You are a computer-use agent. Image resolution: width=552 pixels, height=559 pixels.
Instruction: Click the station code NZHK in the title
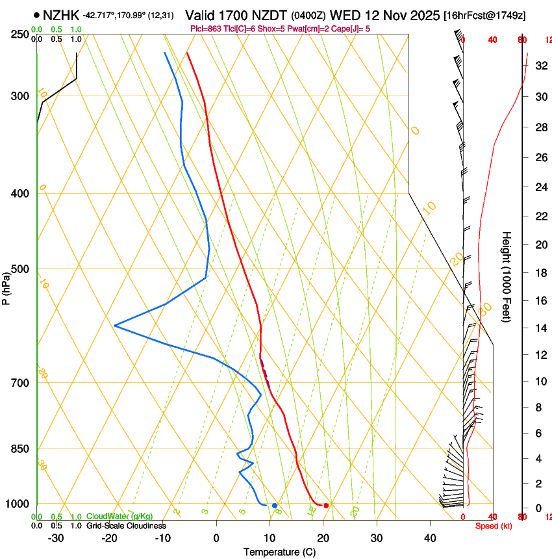coord(62,14)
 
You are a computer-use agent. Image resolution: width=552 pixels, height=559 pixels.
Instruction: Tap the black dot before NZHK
coord(36,14)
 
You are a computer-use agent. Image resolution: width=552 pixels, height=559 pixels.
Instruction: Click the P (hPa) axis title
coord(6,286)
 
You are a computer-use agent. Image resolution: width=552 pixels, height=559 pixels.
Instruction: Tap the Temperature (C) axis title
coord(279,552)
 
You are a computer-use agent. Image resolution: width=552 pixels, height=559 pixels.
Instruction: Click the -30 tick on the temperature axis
coord(56,538)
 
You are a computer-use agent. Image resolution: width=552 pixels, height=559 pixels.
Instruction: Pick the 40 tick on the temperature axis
coord(430,538)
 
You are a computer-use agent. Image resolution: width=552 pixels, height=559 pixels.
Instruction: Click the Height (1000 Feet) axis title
coord(507,276)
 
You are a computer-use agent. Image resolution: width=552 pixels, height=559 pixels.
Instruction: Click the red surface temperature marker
coord(326,505)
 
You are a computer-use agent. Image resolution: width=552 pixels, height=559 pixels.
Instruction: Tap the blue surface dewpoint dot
coord(275,505)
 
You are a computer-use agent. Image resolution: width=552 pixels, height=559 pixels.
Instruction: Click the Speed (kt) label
coord(494,526)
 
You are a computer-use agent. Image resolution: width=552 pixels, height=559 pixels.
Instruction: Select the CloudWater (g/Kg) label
coord(119,517)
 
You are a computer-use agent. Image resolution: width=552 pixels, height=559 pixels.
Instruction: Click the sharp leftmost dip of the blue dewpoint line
coord(115,325)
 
